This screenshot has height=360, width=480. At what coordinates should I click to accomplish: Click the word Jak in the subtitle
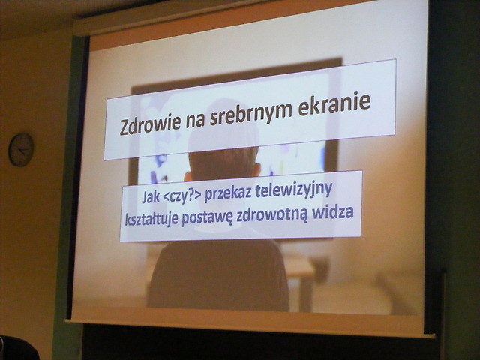(x=151, y=197)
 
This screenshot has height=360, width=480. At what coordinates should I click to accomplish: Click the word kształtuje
(x=151, y=220)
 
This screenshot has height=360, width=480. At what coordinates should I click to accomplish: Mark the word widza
(x=332, y=212)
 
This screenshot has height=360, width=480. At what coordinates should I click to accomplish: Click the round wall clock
(x=21, y=150)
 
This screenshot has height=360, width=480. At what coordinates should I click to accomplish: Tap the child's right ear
(x=256, y=170)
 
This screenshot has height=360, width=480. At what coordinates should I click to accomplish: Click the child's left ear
(x=187, y=176)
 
